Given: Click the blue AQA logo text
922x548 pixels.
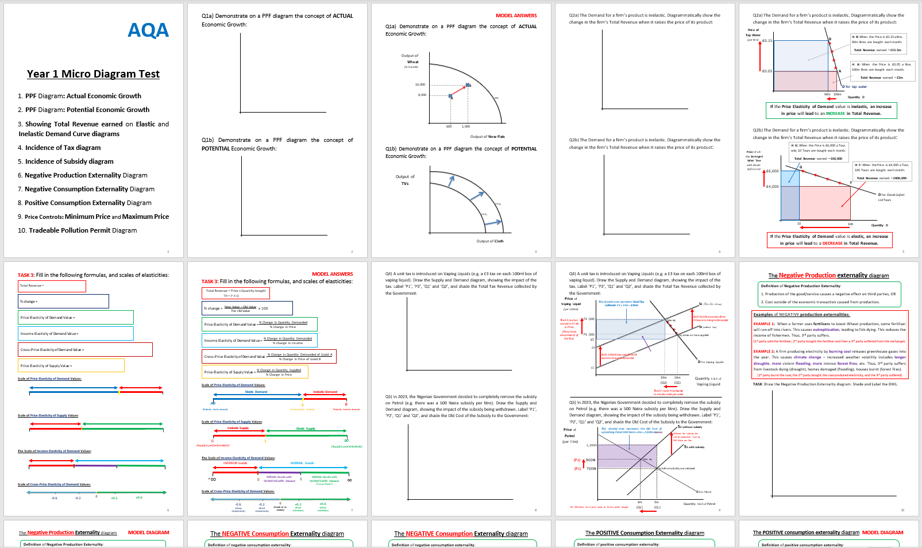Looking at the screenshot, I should point(148,30).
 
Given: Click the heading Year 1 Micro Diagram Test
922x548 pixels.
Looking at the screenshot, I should point(93,74).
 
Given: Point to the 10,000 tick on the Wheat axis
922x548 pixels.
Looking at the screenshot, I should point(420,84).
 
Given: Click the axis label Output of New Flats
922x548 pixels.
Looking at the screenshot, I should point(487,137).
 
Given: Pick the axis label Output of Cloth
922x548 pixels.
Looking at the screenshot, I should point(490,241).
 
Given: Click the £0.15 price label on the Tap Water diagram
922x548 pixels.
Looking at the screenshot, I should point(767,41).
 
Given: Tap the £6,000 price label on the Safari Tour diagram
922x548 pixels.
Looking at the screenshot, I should point(772,171).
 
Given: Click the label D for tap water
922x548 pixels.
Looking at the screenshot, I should point(855,87).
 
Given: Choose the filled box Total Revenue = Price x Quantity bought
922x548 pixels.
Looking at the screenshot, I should point(236,293).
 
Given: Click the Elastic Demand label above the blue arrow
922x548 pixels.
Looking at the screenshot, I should point(256,392).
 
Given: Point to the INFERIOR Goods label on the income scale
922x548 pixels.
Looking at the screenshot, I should point(235,463).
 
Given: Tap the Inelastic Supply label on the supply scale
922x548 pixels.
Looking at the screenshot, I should point(238,428).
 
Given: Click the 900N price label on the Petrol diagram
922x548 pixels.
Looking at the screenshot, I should point(590,460).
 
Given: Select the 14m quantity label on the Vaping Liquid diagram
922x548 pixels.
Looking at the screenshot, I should point(677,377).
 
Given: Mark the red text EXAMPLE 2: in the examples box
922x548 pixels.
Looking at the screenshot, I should point(764,351).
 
